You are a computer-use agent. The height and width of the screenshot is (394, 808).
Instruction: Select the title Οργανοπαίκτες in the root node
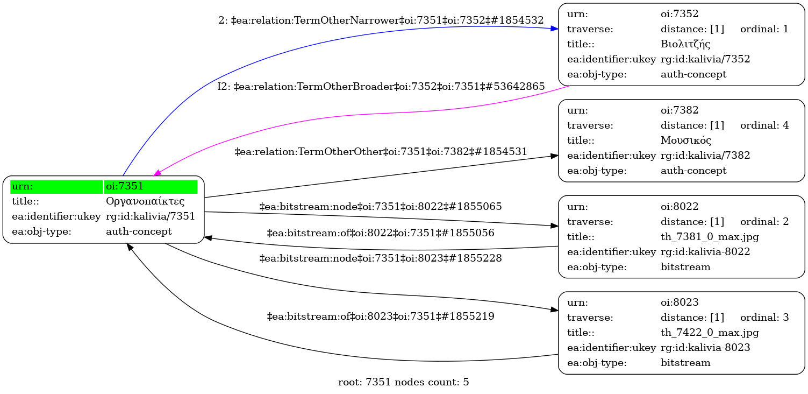(145, 202)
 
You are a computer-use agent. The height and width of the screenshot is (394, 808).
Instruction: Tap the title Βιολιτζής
(685, 44)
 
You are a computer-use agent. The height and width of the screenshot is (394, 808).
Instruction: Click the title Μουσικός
(686, 140)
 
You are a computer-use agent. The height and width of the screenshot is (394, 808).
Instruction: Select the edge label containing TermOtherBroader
(381, 87)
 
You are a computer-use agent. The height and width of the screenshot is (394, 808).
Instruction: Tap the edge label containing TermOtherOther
(381, 152)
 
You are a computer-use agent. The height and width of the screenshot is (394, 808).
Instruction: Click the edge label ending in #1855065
(381, 206)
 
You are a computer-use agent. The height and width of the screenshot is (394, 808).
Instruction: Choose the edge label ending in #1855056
(381, 233)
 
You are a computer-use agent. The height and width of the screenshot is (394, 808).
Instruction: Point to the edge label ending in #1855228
(381, 258)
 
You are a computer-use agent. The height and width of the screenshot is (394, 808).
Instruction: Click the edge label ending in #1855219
(381, 316)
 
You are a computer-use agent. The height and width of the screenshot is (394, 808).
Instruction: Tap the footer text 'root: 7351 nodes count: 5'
(403, 383)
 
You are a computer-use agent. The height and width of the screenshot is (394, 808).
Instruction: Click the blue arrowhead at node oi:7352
(555, 29)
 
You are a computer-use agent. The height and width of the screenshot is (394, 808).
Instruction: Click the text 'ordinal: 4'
(764, 125)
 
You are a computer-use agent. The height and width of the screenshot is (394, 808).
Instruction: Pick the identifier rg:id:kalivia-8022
(705, 252)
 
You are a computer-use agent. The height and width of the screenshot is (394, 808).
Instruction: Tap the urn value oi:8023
(680, 302)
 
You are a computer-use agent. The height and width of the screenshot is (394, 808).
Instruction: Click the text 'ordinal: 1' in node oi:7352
(764, 29)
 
